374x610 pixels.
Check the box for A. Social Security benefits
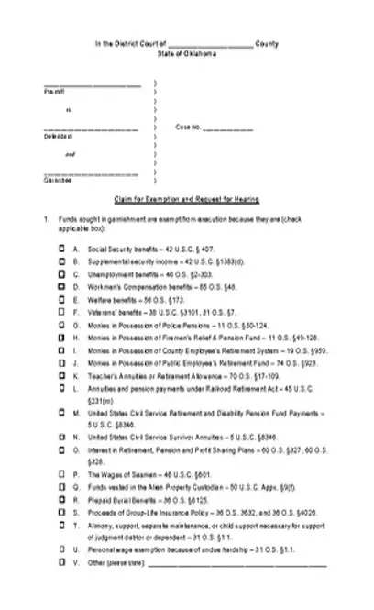coord(61,249)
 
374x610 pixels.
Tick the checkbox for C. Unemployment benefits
coord(61,274)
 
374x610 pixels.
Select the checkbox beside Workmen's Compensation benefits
coord(61,287)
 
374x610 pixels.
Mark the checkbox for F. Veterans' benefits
coord(61,312)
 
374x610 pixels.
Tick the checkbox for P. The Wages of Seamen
coord(61,472)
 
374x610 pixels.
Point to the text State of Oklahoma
coord(187,54)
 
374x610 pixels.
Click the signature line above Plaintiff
coord(92,86)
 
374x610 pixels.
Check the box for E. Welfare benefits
coord(61,300)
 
